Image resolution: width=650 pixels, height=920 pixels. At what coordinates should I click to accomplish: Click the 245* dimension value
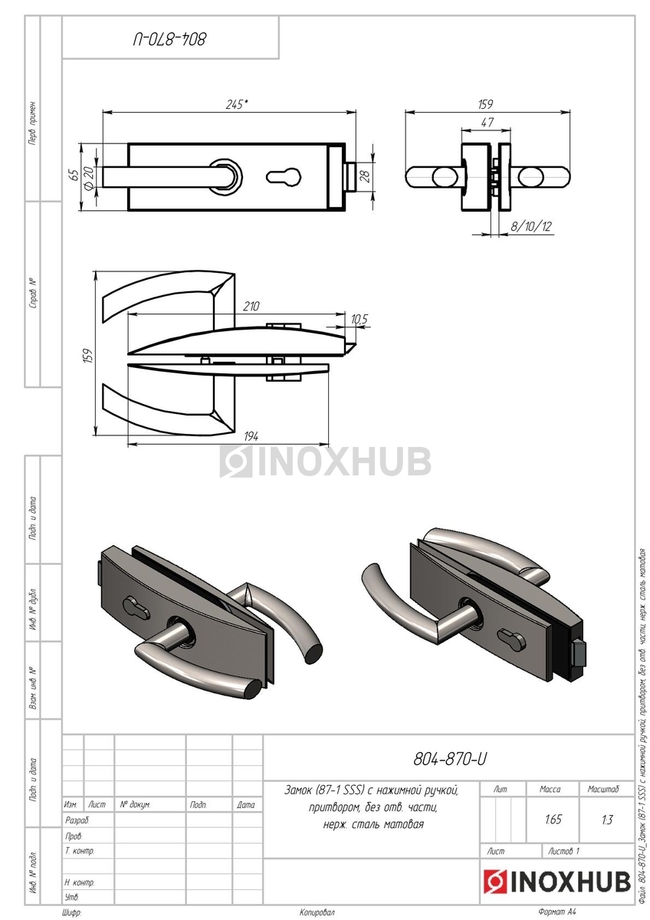coord(237,104)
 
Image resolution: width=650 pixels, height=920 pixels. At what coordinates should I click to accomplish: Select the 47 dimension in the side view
coord(487,123)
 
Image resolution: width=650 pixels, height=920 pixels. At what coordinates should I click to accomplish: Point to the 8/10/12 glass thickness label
coord(530,226)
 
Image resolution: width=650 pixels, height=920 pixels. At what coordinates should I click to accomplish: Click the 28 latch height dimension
coord(365,176)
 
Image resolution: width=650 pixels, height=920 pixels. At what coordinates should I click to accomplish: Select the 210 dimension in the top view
coord(251,307)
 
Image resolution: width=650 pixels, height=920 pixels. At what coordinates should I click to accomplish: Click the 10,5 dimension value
coord(359,319)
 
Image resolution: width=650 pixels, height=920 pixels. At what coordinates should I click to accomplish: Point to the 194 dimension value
coord(251,436)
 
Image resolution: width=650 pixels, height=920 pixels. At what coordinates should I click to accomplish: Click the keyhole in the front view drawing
coord(284,176)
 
